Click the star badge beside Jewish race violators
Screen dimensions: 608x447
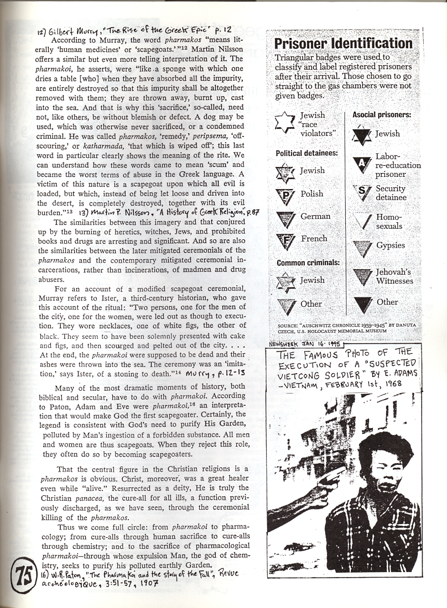coord(285,122)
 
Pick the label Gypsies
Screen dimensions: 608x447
coord(391,245)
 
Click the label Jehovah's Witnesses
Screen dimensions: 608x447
coord(394,276)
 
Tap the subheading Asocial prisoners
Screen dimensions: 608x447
coord(382,115)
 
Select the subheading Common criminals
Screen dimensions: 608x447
coord(308,263)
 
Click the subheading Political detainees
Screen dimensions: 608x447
coord(306,153)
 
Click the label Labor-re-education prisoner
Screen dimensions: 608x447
coord(398,165)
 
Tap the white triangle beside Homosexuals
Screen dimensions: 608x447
coord(362,221)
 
